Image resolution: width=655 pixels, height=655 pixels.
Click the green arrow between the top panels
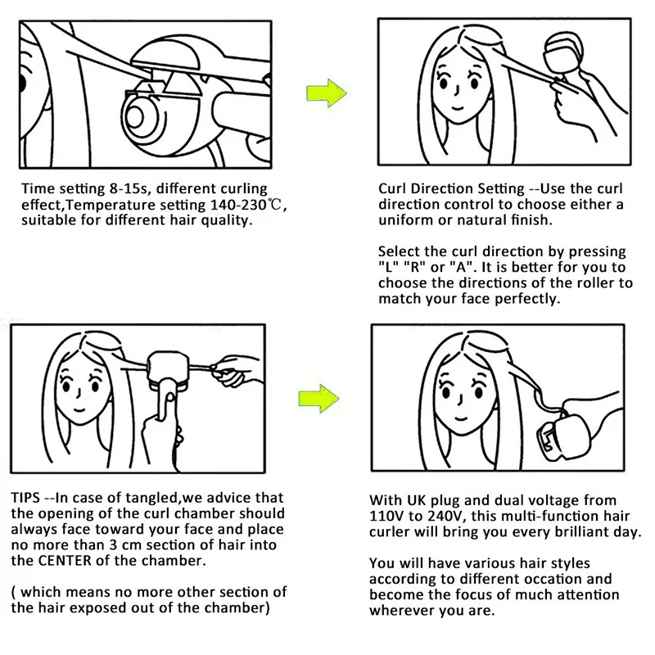click(x=326, y=93)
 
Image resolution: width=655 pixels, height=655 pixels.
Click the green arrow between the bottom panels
click(x=318, y=399)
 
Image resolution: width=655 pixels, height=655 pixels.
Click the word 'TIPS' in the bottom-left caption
click(x=25, y=498)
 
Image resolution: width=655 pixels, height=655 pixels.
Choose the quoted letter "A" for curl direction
click(x=460, y=267)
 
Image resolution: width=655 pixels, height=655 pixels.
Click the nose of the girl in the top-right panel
click(x=458, y=90)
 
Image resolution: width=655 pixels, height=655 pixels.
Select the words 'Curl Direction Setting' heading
click(x=451, y=189)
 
